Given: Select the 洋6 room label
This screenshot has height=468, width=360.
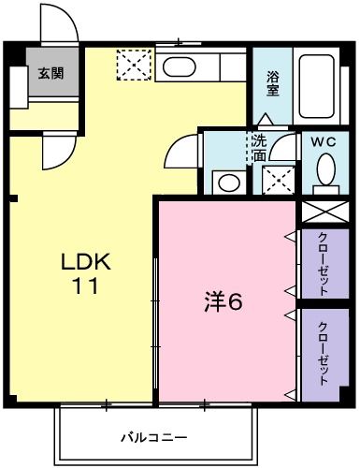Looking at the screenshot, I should [x=224, y=302].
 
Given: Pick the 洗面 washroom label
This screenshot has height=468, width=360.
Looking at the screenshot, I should [x=258, y=148].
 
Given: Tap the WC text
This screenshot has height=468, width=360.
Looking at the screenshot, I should [x=324, y=142].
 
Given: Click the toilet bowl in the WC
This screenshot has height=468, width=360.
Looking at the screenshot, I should [x=325, y=172].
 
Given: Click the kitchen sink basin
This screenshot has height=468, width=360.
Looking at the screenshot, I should [x=178, y=66].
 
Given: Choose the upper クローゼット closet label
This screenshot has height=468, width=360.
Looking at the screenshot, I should [x=323, y=263].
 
